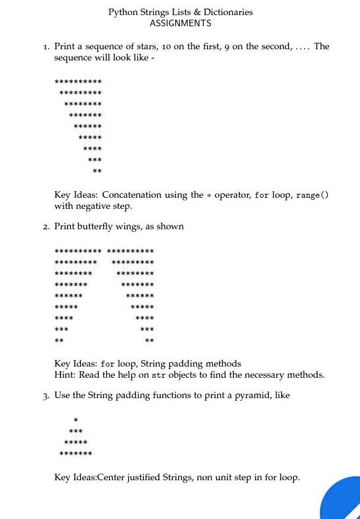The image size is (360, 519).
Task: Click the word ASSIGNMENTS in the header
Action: (x=181, y=23)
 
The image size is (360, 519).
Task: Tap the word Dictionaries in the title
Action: (x=227, y=12)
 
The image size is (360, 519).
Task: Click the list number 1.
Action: (x=46, y=47)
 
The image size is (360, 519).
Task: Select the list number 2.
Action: (x=46, y=227)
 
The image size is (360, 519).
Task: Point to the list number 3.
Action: (x=46, y=395)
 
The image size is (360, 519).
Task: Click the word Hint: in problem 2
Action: (x=66, y=374)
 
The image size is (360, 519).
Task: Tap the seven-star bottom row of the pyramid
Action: (x=76, y=453)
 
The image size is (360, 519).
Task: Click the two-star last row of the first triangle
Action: (x=97, y=171)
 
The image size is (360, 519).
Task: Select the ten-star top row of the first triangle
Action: (x=78, y=81)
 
